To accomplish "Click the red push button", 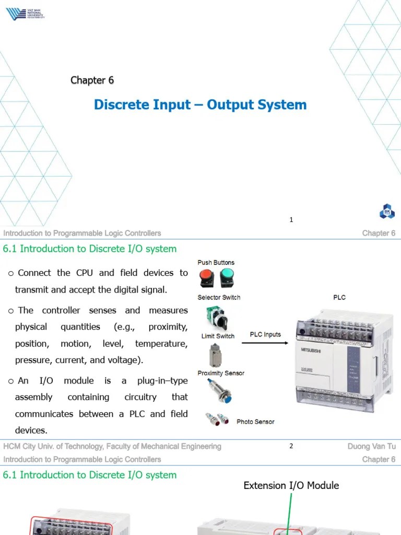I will coord(206,278).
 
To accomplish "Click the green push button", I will coord(227,278).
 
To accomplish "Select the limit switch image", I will coord(215,355).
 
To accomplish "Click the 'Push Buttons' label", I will coord(216,262).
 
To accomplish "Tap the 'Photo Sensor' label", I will coord(255,422).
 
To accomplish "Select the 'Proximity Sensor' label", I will coord(220,373).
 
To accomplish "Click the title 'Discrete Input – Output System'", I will coord(200,104).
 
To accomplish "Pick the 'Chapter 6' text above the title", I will coord(92,80).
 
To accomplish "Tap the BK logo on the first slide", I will coord(387,212).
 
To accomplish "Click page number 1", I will coord(291,220).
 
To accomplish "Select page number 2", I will coord(291,446).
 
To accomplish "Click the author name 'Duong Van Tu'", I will coord(371,446).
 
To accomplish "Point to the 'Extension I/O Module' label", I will coord(291,485).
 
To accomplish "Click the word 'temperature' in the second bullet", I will coord(161,344).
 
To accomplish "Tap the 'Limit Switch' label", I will coord(218,336).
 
